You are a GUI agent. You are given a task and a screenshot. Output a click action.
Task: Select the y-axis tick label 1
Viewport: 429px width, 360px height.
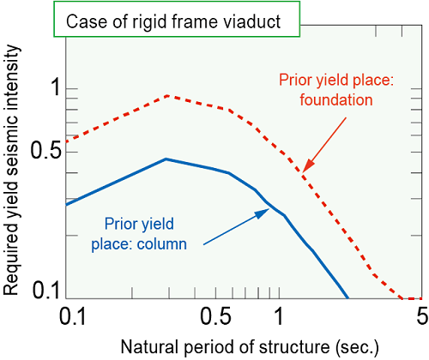(55, 87)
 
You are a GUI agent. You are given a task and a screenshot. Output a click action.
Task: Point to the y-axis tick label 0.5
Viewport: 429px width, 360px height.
(46, 150)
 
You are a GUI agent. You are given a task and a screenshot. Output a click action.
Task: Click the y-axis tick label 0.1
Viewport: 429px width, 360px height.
(46, 290)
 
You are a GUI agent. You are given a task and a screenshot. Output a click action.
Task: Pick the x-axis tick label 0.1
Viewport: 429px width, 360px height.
(72, 316)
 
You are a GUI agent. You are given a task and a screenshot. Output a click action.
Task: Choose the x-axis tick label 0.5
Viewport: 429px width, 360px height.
(215, 316)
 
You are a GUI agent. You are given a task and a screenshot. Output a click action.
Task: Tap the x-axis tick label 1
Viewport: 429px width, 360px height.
(279, 316)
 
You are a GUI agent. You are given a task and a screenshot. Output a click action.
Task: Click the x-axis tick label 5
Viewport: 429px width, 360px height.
(422, 316)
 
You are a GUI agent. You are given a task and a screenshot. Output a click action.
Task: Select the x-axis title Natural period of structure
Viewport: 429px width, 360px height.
(226, 347)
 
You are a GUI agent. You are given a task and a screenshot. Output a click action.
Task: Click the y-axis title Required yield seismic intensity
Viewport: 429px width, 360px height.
(11, 170)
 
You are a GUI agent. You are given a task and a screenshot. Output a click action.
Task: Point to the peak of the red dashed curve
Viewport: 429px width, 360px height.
(168, 96)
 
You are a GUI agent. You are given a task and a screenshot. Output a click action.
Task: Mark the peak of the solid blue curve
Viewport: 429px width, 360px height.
(166, 159)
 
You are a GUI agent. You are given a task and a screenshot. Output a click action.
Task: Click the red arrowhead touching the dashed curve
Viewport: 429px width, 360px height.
(308, 166)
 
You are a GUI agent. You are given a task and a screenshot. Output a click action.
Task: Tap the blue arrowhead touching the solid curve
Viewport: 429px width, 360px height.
(263, 213)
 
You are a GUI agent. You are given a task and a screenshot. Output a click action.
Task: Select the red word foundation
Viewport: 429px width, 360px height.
(336, 100)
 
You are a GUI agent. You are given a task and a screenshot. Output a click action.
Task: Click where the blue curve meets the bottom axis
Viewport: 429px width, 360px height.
(348, 298)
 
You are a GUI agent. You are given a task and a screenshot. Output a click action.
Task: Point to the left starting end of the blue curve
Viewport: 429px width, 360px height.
(66, 205)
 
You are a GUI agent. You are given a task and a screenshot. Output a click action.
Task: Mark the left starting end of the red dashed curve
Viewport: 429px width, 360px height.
(66, 141)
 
